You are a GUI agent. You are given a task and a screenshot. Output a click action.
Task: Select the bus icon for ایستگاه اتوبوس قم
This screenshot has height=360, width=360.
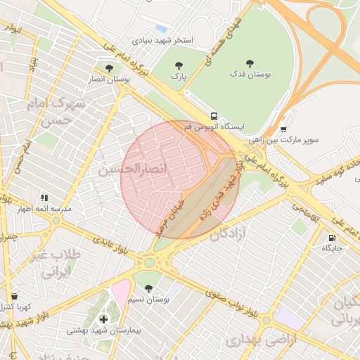(x=213, y=116)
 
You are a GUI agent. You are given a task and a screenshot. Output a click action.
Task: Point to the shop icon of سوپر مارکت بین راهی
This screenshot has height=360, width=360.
(x=283, y=129)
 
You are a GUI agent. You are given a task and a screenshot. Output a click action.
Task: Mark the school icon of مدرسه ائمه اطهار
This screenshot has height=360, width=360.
(x=44, y=199)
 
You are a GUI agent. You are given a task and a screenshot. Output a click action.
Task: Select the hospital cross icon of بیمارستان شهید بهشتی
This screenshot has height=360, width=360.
(x=104, y=319)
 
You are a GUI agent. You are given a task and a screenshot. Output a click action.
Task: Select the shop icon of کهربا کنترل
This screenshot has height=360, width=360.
(x=15, y=297)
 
